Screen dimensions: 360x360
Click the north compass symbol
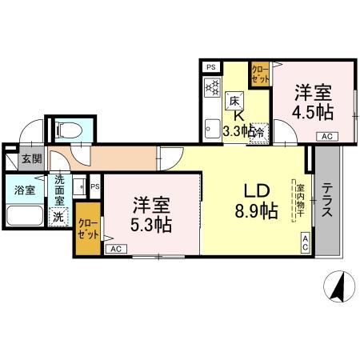pyautogui.click(x=339, y=286)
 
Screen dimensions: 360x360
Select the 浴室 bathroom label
pyautogui.click(x=25, y=190)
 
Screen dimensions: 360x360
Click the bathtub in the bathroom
pyautogui.click(x=25, y=216)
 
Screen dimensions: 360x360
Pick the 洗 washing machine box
pyautogui.click(x=58, y=217)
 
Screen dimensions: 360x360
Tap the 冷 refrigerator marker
pyautogui.click(x=260, y=132)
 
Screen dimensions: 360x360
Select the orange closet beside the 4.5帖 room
pyautogui.click(x=260, y=75)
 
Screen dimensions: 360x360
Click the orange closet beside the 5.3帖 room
pyautogui.click(x=89, y=230)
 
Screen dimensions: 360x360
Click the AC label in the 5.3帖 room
pyautogui.click(x=115, y=249)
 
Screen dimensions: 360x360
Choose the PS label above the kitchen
pyautogui.click(x=211, y=68)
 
